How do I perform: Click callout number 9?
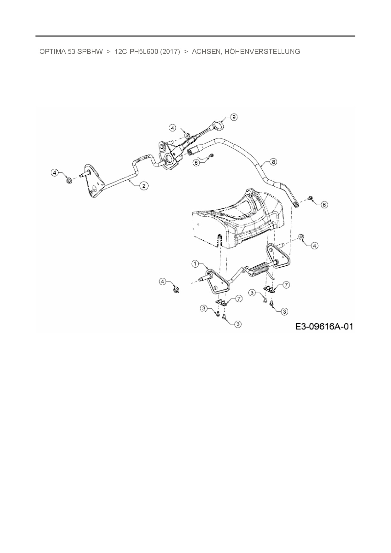[233, 117]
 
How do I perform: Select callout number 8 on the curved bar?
[273, 162]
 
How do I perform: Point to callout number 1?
[196, 264]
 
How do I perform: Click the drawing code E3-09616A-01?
[324, 326]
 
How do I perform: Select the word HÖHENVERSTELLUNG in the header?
[262, 52]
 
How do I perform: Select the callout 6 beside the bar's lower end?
[324, 205]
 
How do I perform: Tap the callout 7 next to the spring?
[286, 285]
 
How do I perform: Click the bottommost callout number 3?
[238, 324]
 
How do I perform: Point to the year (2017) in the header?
[170, 52]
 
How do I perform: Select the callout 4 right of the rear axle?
[314, 245]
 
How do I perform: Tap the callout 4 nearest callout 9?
[172, 128]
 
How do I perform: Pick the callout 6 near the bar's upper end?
[196, 163]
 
